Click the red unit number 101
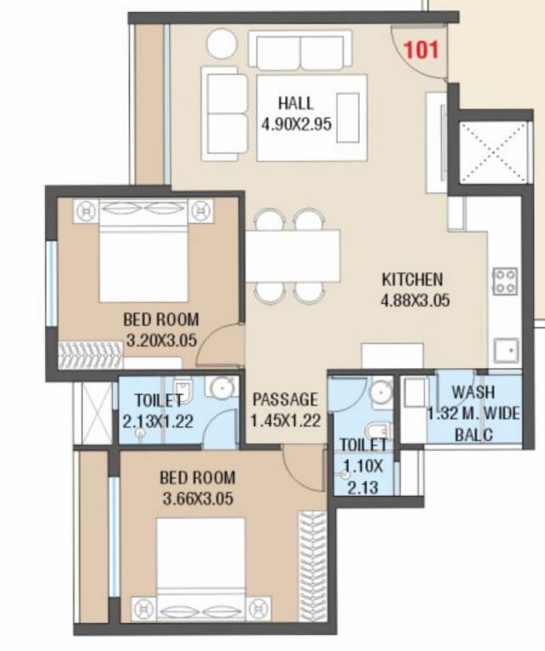point(422,49)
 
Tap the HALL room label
point(295,104)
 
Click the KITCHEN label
point(412,279)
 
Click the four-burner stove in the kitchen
point(506,281)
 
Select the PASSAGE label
point(284,399)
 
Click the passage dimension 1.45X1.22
point(284,419)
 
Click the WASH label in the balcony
point(469,392)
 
